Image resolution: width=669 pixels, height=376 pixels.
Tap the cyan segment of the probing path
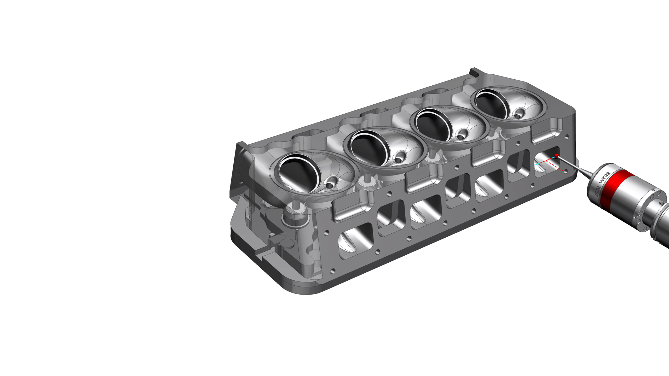click(538, 164)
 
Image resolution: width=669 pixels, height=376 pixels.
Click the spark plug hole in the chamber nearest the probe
click(518, 114)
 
